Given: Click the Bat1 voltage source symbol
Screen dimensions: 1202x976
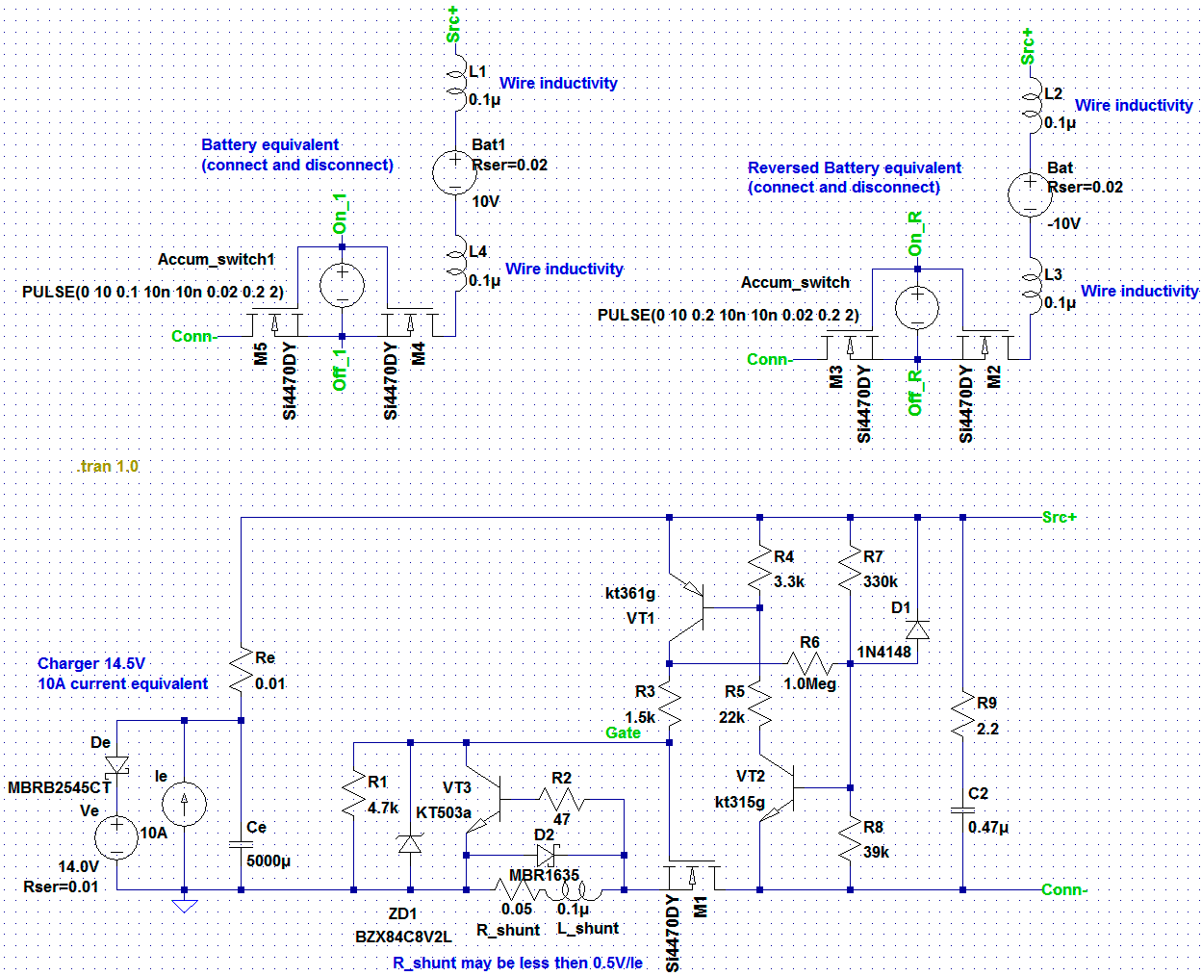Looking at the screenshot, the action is click(x=455, y=172).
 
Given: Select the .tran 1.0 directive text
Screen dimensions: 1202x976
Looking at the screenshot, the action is click(x=108, y=466).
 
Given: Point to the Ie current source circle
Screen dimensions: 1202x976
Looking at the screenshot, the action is click(x=184, y=805).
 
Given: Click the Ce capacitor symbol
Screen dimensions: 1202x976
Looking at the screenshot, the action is click(x=241, y=844).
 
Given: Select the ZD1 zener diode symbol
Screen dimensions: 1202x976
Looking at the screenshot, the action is click(x=410, y=844).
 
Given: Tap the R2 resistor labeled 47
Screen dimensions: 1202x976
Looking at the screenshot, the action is click(x=561, y=799).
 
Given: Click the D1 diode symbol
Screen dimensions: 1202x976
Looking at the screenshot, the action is click(x=917, y=629).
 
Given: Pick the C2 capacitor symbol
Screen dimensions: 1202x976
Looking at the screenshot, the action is click(x=962, y=810).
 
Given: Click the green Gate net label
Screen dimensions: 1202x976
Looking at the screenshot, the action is click(x=623, y=732).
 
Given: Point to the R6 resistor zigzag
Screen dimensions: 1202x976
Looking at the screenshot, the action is click(x=810, y=664).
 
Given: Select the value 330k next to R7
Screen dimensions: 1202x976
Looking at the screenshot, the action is click(x=881, y=581).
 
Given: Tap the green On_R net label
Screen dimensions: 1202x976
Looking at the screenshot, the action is click(x=915, y=234).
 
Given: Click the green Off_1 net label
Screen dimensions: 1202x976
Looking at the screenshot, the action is click(x=339, y=370).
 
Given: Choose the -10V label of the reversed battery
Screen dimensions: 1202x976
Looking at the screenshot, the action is click(x=1063, y=223).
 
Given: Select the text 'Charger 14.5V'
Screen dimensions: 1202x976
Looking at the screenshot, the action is click(x=91, y=663).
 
